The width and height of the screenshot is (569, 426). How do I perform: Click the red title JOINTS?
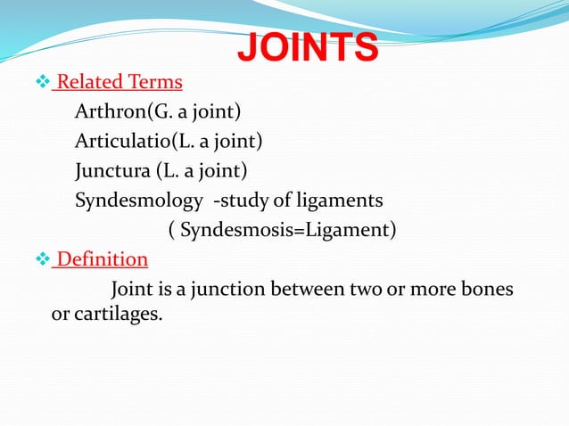pos(307,47)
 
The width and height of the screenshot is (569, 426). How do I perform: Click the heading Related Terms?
pos(119,84)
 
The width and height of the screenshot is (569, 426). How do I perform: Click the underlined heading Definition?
pos(101,259)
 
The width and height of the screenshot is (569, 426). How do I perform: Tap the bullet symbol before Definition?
pos(39,260)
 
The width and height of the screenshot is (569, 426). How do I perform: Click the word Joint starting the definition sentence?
pos(131,290)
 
